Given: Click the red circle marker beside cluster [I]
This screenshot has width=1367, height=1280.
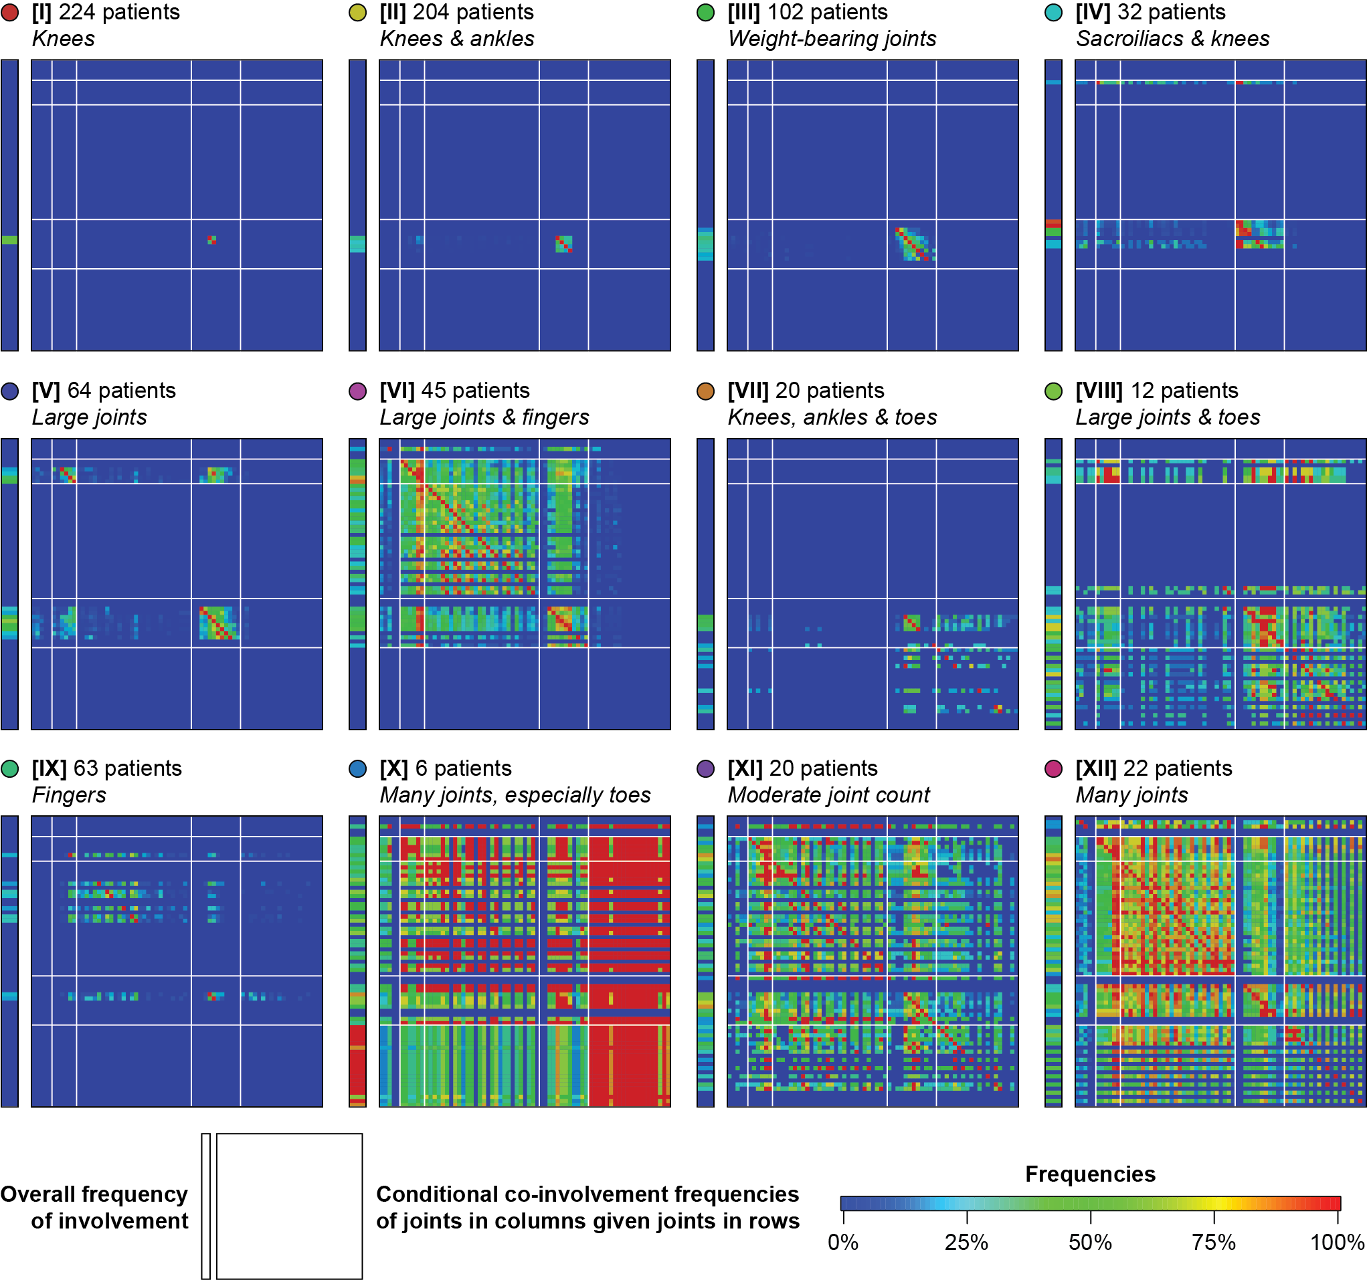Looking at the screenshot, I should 9,13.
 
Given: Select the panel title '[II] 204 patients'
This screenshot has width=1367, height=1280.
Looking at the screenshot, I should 456,13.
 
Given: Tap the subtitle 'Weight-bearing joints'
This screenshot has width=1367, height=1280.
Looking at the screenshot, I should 831,39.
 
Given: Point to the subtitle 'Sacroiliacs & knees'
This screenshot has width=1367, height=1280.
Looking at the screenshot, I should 1172,39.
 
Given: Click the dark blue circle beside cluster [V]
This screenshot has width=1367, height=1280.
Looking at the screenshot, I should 9,391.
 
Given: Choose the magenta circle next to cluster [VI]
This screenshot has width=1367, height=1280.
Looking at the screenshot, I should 357,391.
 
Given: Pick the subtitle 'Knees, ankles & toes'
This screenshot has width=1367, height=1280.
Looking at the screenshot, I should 832,417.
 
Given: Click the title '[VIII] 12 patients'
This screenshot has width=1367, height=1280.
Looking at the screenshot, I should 1157,391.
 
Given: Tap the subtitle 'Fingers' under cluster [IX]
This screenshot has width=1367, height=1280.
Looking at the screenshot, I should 69,795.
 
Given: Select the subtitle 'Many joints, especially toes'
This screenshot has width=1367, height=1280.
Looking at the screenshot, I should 515,795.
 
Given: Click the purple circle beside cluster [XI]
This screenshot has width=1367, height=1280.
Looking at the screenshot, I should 705,768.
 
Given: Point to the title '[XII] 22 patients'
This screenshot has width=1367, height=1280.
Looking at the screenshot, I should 1153,768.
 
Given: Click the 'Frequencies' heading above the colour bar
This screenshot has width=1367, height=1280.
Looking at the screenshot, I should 1090,1174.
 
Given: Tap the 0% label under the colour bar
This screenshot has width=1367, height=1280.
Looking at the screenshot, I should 843,1243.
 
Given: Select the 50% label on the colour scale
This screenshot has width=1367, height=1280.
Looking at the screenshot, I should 1090,1243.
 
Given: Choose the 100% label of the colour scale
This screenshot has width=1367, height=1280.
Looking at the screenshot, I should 1337,1243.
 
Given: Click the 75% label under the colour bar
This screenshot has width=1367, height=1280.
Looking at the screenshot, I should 1214,1243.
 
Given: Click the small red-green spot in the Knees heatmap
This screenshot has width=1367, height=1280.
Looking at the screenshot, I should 212,240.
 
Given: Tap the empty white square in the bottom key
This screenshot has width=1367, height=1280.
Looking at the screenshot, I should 290,1206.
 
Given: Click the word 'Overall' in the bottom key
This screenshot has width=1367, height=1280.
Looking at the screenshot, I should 33,1195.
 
